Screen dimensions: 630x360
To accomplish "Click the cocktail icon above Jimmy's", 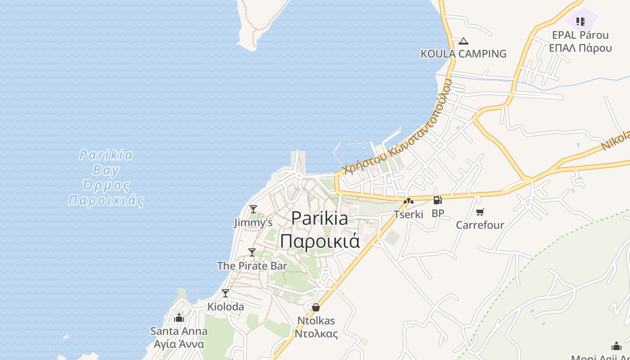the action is coord(253,209).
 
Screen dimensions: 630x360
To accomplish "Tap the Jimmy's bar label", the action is coord(253,222).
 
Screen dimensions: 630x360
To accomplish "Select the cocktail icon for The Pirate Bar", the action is coord(252,252).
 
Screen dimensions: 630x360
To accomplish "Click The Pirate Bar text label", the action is coord(252,266).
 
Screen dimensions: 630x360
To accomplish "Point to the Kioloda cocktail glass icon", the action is coord(225,293).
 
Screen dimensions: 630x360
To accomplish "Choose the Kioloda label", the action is coord(225,307).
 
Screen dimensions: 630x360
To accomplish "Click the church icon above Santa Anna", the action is coord(179,318).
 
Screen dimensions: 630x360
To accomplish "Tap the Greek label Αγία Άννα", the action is coord(179,344).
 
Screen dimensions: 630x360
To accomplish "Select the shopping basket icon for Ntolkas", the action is coord(316,307).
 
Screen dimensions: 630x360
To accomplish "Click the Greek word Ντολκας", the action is coord(316,334).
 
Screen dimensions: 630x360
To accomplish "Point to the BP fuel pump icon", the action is coord(437,200).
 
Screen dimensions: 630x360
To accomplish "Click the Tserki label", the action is coord(409,214).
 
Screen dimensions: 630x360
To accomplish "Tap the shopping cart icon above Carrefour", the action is coord(480,212).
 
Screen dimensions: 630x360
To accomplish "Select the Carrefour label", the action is coord(480,225).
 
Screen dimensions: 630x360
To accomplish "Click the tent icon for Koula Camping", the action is coord(463,41).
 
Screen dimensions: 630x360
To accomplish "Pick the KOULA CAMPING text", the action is coord(463,54).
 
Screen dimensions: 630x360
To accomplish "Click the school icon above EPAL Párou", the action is coord(580,21).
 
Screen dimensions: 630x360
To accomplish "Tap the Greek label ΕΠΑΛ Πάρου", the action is coord(580,48).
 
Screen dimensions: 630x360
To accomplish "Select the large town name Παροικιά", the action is coord(320,241).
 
